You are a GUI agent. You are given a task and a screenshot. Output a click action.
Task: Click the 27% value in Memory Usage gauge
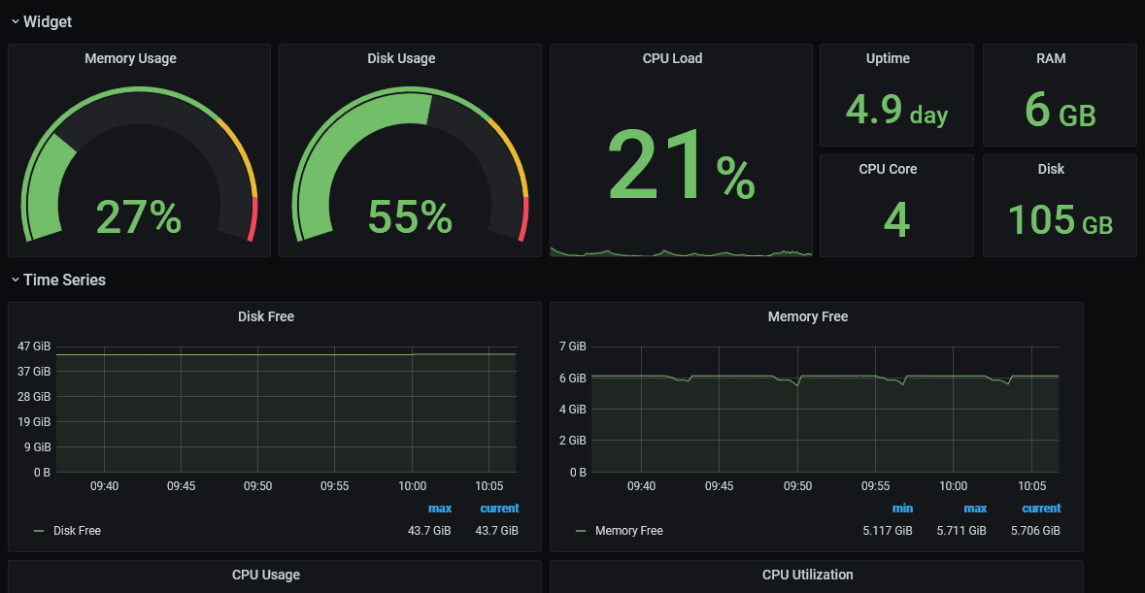139,216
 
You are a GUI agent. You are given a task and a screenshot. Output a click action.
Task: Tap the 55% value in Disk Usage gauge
411,216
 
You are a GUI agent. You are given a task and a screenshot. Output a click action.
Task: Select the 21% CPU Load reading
681,165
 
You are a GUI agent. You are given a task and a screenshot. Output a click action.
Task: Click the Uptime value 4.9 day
896,110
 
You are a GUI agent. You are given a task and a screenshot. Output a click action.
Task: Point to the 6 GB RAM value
1061,110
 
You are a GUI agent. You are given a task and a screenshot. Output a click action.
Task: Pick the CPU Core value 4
896,219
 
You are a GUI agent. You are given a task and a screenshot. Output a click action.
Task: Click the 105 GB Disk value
1061,219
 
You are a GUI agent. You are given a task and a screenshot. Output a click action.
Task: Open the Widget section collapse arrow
15,22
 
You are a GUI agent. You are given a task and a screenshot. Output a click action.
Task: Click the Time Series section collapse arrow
15,280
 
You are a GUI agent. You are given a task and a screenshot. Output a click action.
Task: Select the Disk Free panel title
266,316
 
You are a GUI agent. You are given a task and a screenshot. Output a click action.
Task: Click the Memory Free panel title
808,316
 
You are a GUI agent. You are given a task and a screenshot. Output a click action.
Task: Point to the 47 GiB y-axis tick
34,346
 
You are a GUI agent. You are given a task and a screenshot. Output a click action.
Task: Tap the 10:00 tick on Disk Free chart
412,486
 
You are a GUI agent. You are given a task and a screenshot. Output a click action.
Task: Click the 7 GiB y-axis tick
573,346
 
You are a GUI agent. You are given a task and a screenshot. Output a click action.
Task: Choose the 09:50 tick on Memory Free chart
797,486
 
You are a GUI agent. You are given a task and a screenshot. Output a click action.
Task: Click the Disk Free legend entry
68,531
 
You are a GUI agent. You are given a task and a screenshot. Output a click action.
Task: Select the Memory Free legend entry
620,531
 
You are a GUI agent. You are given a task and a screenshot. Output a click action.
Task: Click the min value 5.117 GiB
888,531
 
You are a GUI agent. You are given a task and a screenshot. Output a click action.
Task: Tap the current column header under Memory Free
1041,509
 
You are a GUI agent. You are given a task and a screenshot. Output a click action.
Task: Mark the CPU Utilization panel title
808,575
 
